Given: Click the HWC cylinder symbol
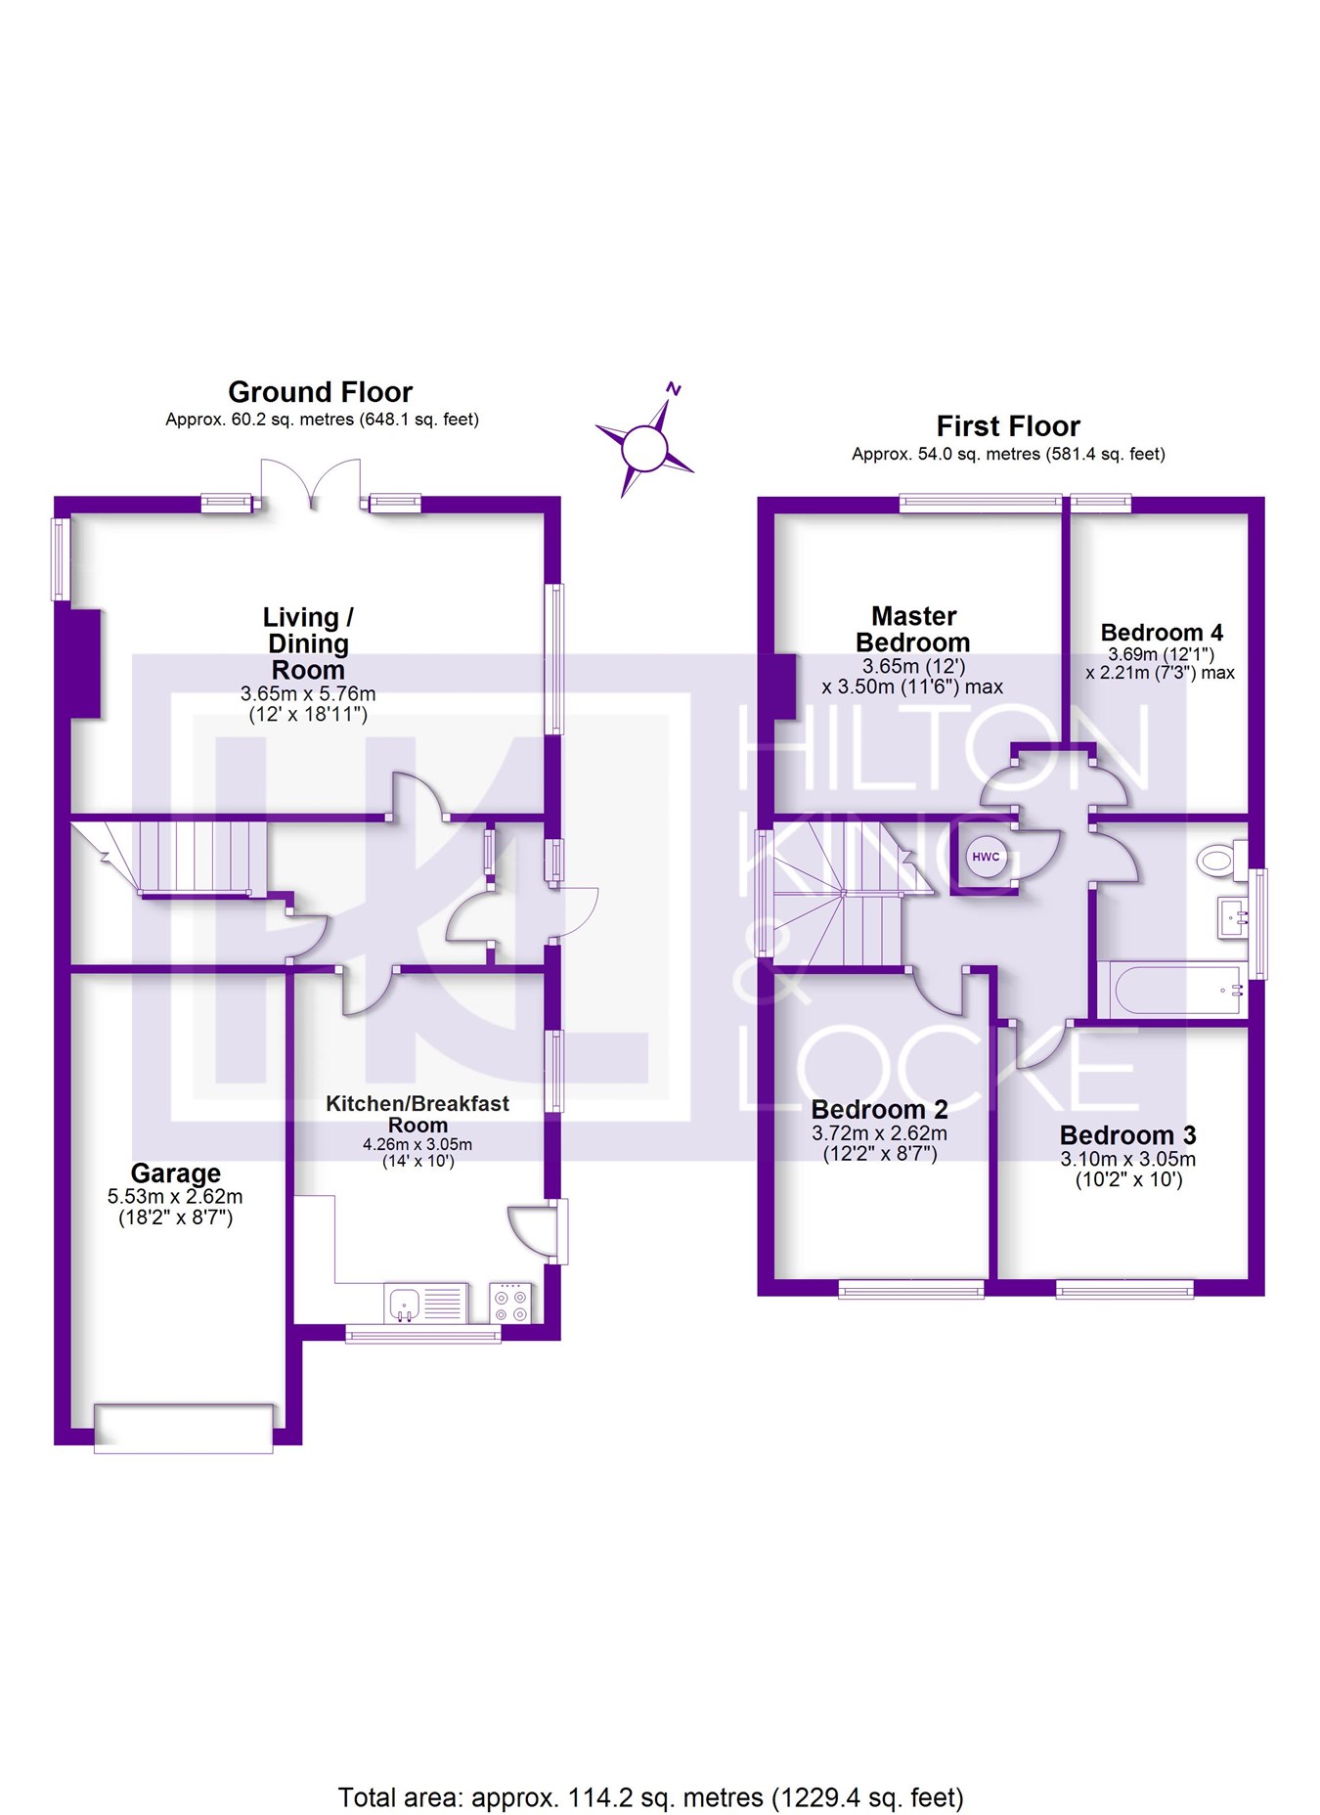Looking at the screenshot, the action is (x=985, y=858).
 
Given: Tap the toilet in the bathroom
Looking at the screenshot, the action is (x=1215, y=861).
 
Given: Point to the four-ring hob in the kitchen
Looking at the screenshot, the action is (x=510, y=1303).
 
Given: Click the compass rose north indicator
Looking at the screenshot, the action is (x=673, y=389).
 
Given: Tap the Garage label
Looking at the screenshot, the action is (x=176, y=1173).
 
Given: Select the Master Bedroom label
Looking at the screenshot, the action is (x=913, y=629).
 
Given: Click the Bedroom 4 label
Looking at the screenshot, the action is (x=1161, y=633).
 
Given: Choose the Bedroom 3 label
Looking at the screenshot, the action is (x=1127, y=1135).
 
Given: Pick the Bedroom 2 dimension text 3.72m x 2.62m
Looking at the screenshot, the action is (x=879, y=1133).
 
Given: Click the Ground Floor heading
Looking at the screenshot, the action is (x=320, y=392).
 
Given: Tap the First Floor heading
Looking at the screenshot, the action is (x=1008, y=426).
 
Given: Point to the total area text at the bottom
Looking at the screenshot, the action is (x=650, y=1797).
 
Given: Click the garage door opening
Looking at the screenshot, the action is (x=183, y=1428).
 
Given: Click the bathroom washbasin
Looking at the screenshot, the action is (x=1233, y=918).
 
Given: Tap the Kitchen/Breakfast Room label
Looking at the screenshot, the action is (x=418, y=1114).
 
